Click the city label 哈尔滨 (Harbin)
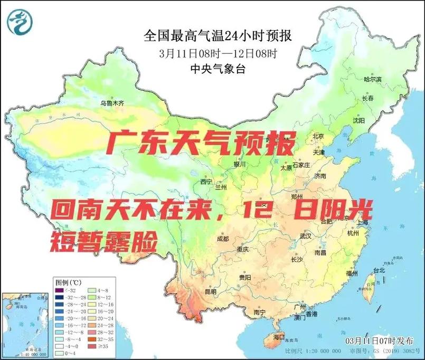click(x=372, y=79)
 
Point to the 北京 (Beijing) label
click(x=317, y=136)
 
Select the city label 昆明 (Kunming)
click(x=210, y=291)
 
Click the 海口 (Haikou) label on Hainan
click(x=279, y=337)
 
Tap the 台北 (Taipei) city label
click(x=379, y=270)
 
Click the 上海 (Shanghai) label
click(x=362, y=223)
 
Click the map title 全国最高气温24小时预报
click(x=218, y=36)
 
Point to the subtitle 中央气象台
click(x=218, y=68)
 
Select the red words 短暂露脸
click(x=104, y=242)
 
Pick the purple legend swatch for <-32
click(x=59, y=290)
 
